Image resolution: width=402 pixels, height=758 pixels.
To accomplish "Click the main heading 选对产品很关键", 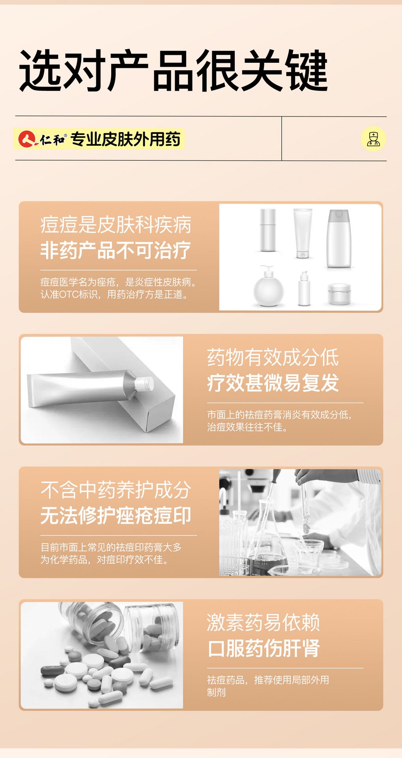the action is (174, 71).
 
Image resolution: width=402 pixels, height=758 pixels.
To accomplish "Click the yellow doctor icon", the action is (373, 139).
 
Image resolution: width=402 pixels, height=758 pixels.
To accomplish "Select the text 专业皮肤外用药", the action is (125, 139).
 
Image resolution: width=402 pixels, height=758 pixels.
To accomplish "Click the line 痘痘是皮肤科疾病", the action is (116, 225).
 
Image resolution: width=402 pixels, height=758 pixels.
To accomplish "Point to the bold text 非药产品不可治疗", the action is (116, 250).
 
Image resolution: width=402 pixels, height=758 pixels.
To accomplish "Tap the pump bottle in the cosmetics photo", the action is (268, 286).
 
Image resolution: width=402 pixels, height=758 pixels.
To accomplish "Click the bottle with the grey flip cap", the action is (338, 239).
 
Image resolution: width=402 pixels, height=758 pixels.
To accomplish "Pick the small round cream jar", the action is (339, 294).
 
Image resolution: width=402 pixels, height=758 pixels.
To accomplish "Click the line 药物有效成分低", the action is (273, 357).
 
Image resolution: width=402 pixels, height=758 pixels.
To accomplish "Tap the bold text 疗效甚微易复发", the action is (273, 383).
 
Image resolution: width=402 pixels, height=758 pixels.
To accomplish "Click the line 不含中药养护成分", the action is (116, 490).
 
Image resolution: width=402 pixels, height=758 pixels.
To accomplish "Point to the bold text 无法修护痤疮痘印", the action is (116, 516).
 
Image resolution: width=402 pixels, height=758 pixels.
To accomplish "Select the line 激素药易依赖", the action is (264, 623).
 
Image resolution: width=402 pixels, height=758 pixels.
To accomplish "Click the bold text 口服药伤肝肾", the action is (264, 648).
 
